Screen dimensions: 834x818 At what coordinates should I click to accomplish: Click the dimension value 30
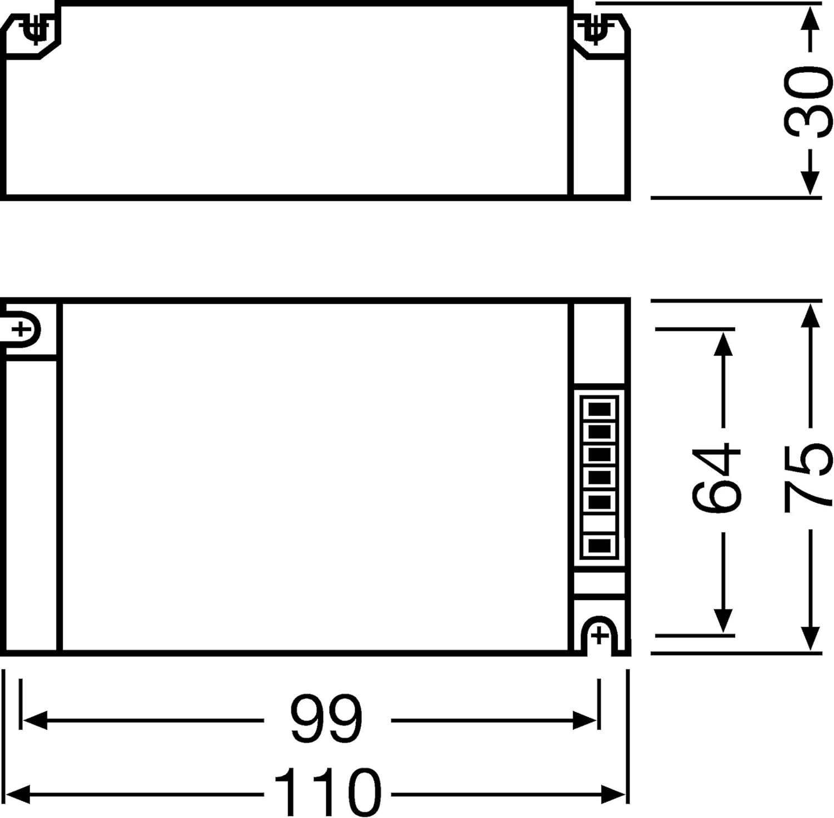pos(808,101)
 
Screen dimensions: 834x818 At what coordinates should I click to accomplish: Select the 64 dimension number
pos(717,477)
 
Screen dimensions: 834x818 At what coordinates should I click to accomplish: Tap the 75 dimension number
pos(808,477)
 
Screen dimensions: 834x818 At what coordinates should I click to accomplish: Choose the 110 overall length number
pos(327,792)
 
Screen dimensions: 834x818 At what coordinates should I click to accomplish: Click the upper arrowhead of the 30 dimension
pos(811,19)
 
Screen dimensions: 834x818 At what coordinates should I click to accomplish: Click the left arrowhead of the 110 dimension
pos(18,794)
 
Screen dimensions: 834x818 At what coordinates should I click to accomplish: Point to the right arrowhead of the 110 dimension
pos(613,794)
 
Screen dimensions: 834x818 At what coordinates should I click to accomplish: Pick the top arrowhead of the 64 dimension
pos(722,344)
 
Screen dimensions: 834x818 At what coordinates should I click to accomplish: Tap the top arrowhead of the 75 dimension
pos(811,318)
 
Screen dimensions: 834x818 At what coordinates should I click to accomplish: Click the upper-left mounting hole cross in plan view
pos(21,330)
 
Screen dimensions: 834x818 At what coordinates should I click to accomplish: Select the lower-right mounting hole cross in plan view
pos(599,636)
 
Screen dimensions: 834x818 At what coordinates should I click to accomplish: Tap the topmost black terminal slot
pos(599,409)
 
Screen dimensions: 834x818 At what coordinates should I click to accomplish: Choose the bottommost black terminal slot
pos(599,546)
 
